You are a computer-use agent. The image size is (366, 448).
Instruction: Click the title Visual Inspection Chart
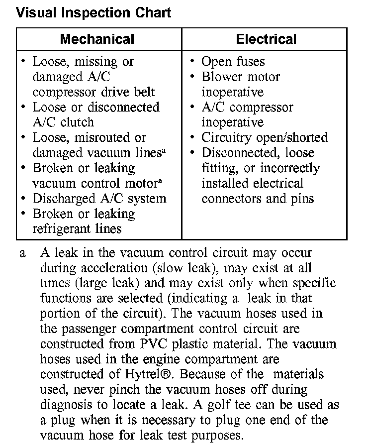(93, 12)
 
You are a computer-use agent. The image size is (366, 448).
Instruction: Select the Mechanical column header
(97, 39)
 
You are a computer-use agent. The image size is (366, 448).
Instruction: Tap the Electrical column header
(266, 39)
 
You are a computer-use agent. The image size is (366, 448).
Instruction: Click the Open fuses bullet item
(233, 62)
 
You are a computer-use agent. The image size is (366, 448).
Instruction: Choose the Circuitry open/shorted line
(264, 137)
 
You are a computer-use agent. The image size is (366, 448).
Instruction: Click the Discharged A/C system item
(99, 199)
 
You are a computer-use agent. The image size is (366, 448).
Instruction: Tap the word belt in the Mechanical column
(143, 92)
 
